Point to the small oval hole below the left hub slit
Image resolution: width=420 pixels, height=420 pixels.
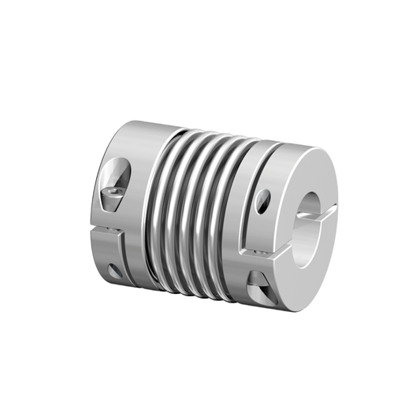pos(115,271)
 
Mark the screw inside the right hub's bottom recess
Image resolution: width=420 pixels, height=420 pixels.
pos(260,281)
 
